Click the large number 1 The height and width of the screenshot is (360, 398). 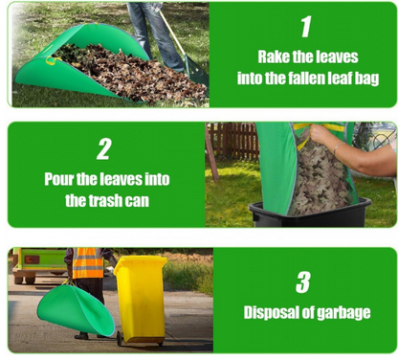[306, 27]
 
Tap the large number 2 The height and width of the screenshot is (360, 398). [104, 148]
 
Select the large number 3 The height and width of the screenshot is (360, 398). [302, 282]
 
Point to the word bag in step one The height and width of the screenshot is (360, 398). [366, 79]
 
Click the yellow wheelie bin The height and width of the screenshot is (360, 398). [140, 300]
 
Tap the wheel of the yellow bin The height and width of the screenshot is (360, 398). [120, 338]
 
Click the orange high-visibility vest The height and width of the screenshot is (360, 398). [88, 263]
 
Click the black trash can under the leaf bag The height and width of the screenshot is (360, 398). [309, 214]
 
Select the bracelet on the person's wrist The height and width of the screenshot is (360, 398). [338, 147]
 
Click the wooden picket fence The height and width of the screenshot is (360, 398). [233, 141]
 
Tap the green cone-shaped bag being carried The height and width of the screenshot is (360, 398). [76, 309]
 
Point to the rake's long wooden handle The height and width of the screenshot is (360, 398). [172, 32]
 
